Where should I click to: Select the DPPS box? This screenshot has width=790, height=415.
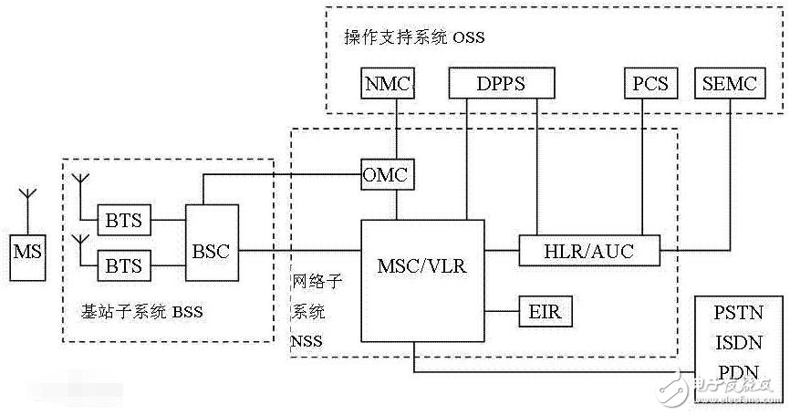point(501,85)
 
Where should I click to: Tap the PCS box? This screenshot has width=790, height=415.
point(650,85)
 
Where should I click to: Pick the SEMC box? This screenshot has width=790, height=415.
point(730,85)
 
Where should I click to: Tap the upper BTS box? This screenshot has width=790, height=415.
point(125,220)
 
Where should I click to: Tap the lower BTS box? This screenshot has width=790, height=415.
point(125,265)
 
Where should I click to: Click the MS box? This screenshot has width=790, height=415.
point(26,249)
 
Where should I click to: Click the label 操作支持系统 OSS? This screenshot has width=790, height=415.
point(413,37)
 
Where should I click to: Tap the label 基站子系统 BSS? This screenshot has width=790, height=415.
point(141,313)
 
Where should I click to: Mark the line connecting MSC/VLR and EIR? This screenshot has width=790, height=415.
point(502,312)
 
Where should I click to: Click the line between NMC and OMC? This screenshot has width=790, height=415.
point(396,128)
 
